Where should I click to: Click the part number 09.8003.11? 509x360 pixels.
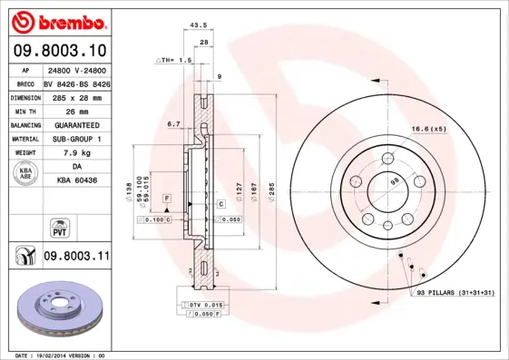(x=77, y=258)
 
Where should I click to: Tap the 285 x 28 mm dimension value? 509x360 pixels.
(x=77, y=96)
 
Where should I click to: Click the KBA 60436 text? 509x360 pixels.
(x=77, y=180)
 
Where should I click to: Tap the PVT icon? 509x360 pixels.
(x=57, y=226)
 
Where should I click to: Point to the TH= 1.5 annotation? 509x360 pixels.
(x=174, y=60)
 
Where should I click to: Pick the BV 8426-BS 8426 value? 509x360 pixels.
(x=77, y=83)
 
